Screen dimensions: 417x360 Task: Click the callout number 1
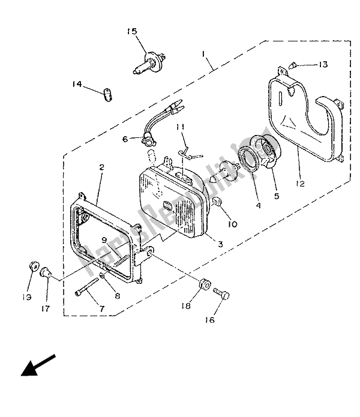coord(205,55)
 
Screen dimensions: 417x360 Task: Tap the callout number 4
coord(258,206)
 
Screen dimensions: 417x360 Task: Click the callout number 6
coord(125,139)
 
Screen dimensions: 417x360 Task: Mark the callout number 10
coord(232,224)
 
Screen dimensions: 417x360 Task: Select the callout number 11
coord(180,127)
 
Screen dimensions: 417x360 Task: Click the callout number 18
coord(187,306)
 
